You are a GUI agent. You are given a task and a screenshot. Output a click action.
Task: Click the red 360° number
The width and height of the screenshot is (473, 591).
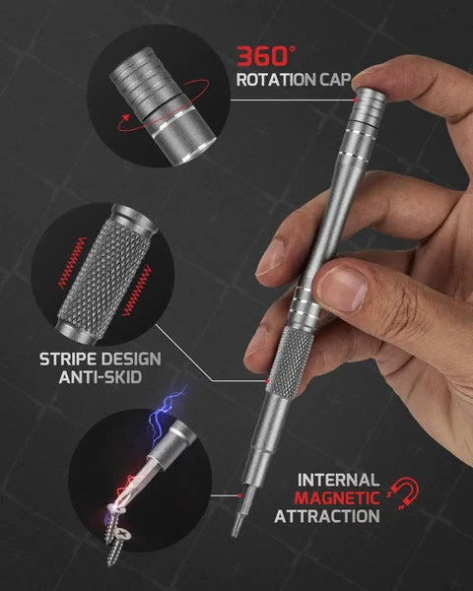tap(266, 56)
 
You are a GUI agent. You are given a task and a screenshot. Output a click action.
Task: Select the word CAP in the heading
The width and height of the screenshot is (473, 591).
tap(336, 80)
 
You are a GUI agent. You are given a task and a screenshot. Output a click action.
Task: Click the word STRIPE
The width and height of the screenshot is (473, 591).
tap(68, 360)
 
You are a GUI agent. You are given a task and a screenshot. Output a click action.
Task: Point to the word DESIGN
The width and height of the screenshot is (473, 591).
tap(131, 360)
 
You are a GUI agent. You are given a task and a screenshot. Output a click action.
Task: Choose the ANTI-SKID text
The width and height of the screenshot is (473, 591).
tap(101, 377)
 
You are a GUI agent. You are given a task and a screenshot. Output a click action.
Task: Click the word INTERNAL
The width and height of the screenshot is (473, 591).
tap(338, 481)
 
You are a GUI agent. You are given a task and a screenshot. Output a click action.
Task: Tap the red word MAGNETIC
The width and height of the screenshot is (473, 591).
tap(337, 497)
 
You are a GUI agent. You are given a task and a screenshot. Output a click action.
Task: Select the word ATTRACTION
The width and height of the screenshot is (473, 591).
tap(327, 516)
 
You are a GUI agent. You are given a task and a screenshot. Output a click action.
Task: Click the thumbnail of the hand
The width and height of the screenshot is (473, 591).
tap(341, 289)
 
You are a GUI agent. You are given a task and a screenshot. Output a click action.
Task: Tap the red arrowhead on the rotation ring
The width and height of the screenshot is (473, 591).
tap(124, 118)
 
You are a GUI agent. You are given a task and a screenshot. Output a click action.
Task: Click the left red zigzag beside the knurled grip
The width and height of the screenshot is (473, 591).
tap(72, 263)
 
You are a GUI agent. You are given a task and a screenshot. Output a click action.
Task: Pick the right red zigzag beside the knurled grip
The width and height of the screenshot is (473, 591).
tap(137, 291)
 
